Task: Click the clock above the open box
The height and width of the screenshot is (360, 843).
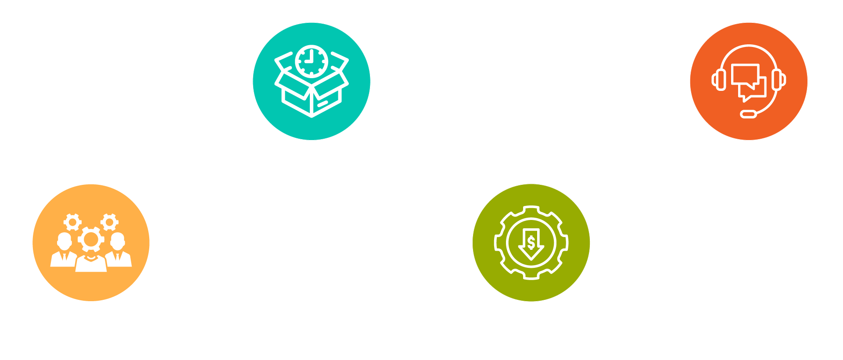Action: point(312,61)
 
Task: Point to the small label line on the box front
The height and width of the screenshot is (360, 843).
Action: point(323,104)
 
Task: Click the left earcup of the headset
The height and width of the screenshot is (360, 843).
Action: point(720,80)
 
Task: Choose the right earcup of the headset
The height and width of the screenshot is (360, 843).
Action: point(778,80)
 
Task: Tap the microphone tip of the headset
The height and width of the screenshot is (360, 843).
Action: point(749,115)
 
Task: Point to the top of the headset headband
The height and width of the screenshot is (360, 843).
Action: point(749,46)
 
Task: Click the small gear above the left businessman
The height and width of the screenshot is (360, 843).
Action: point(72,222)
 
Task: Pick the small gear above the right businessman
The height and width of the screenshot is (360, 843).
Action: point(109,222)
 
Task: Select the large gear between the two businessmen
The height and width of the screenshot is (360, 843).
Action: point(91,240)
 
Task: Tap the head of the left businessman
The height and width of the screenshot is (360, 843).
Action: point(65,241)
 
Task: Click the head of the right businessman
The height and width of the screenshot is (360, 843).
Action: point(118,241)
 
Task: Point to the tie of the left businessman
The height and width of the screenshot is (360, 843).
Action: point(65,257)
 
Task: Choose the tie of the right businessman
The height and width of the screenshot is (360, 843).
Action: point(117,257)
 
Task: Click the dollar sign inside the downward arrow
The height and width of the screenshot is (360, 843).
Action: point(531,242)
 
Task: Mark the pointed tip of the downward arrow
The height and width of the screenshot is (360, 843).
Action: point(531,259)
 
